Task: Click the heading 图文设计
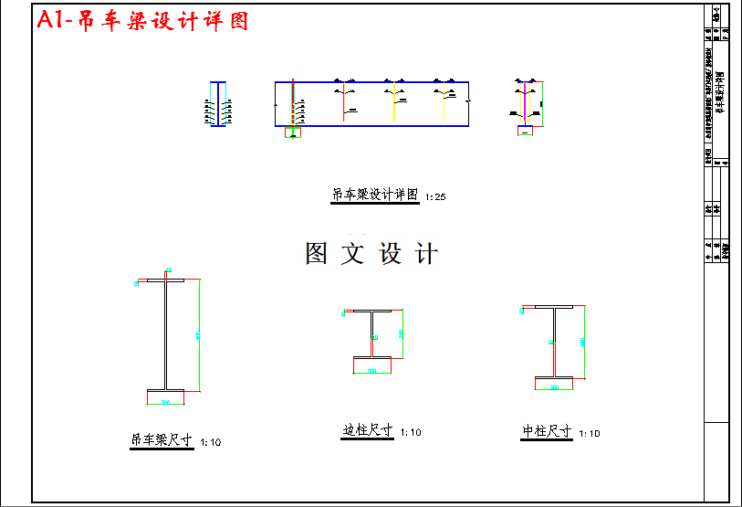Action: point(371,254)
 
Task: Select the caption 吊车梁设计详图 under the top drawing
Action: point(374,195)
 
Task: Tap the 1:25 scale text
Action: point(434,196)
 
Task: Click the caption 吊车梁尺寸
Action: point(162,440)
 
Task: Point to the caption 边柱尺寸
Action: point(367,430)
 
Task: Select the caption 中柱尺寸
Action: point(547,431)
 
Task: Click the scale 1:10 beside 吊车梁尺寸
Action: point(210,442)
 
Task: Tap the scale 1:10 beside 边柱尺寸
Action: point(411,432)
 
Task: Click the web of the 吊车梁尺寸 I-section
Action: point(166,333)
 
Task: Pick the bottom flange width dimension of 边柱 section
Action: point(371,371)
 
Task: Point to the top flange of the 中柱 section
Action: point(554,308)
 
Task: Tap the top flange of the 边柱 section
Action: point(373,312)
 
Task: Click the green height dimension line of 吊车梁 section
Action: point(199,333)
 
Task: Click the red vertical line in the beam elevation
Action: point(292,100)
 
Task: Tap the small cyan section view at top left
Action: point(217,103)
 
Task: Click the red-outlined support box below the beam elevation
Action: point(292,132)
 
